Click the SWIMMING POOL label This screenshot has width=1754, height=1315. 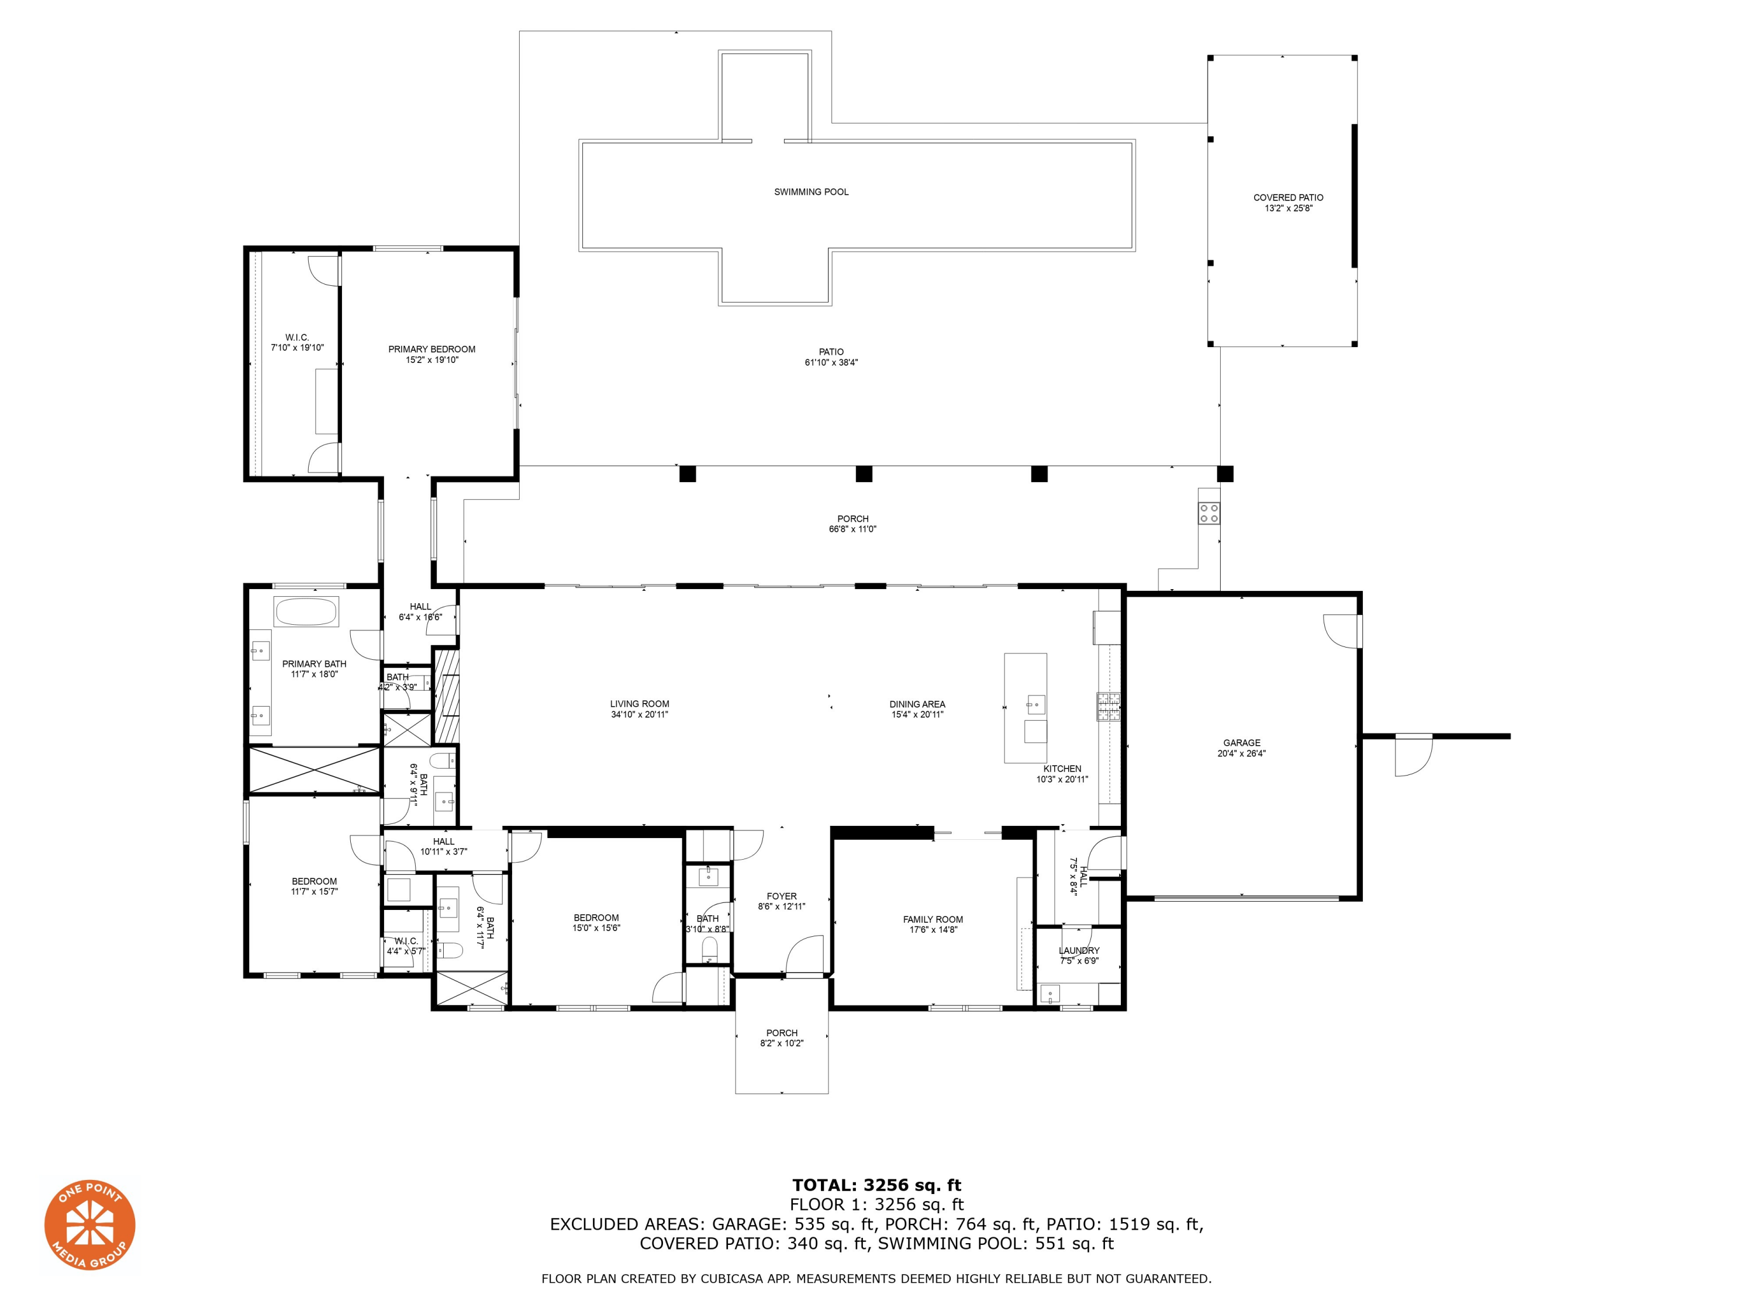pyautogui.click(x=811, y=192)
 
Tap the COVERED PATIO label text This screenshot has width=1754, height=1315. pyautogui.click(x=1288, y=198)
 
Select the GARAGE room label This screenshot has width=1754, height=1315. pyautogui.click(x=1241, y=743)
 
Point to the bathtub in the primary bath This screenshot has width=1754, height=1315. pyautogui.click(x=306, y=612)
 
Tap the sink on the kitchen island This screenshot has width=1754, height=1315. pyautogui.click(x=1035, y=703)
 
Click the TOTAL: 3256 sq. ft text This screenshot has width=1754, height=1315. pyautogui.click(x=876, y=1185)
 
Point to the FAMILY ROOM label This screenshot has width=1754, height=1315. pyautogui.click(x=933, y=919)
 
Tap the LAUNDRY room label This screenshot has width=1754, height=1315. pyautogui.click(x=1078, y=950)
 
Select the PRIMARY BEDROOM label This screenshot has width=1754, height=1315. pyautogui.click(x=431, y=349)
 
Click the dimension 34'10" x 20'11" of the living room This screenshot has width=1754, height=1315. pyautogui.click(x=639, y=714)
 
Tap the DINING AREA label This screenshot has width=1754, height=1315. pyautogui.click(x=917, y=704)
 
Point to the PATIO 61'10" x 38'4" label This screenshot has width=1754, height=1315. pyautogui.click(x=831, y=357)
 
